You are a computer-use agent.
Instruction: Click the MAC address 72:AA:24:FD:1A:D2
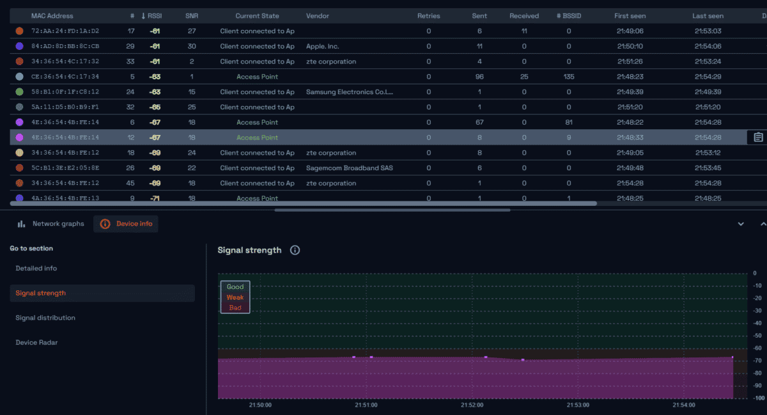point(65,31)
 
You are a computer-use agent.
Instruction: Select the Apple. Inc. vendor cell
point(331,46)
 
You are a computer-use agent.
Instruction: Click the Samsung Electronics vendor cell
point(349,92)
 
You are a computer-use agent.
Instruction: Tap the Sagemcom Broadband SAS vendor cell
point(349,168)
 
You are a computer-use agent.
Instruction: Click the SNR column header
point(192,16)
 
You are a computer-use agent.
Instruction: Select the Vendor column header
point(318,16)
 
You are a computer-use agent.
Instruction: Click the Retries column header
point(428,16)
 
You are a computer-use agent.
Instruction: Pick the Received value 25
point(524,77)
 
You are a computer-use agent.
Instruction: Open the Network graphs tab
point(51,224)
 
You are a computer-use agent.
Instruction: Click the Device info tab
point(127,224)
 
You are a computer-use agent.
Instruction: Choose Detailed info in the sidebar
point(36,269)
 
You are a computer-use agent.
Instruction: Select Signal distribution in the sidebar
point(45,318)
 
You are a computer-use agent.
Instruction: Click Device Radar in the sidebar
point(36,343)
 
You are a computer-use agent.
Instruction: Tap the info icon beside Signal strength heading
point(295,250)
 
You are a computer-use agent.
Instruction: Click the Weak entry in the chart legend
point(235,297)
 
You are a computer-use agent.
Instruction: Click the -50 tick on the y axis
point(754,336)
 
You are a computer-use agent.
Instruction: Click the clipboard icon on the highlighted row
point(758,137)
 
